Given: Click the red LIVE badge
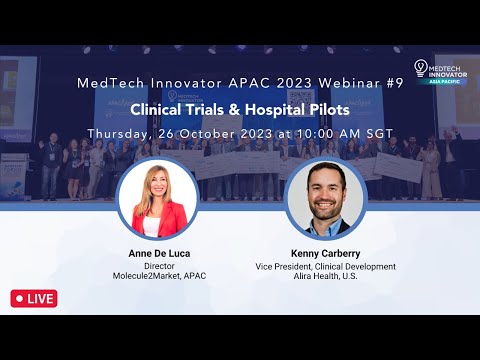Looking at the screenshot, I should click(x=34, y=298).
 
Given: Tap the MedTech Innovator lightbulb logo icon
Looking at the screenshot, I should click(x=421, y=67).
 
